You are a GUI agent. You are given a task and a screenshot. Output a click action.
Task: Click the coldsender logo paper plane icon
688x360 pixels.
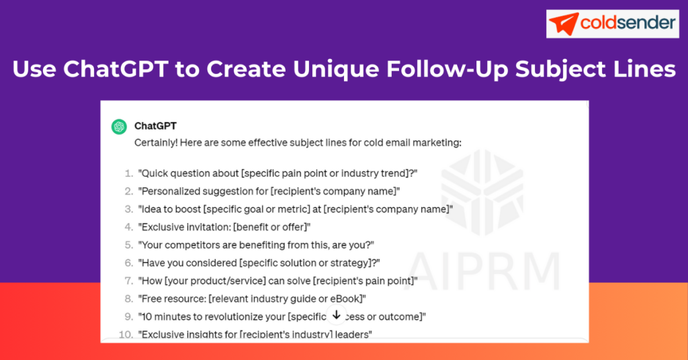pyautogui.click(x=564, y=24)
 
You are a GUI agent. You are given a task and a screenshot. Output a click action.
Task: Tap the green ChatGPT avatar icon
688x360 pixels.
pyautogui.click(x=119, y=126)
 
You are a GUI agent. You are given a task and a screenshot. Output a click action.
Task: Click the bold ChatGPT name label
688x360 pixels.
pyautogui.click(x=155, y=126)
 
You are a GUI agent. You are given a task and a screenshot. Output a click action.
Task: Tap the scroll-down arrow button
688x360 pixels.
pyautogui.click(x=337, y=315)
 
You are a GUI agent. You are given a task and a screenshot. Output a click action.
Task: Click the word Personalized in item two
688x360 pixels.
pyautogui.click(x=169, y=191)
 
